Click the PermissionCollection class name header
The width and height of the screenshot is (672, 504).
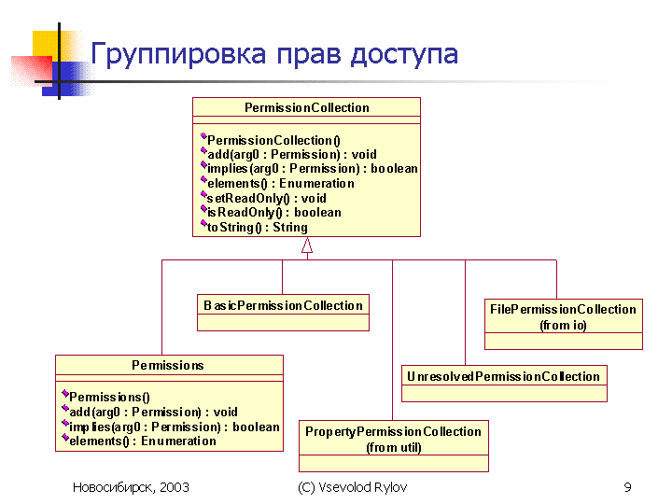pos(307,107)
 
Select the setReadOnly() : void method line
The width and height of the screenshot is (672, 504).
pos(266,198)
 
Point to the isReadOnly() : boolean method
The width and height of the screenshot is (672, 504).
pos(273,213)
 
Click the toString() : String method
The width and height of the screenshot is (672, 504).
pos(258,227)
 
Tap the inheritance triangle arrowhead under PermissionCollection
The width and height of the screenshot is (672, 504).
pos(307,245)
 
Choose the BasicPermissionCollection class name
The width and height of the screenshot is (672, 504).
pos(284,305)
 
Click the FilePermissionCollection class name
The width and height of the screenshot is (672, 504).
pos(563,309)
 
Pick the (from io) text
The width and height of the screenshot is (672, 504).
pos(563,326)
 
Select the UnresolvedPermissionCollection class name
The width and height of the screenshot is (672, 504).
pos(504,376)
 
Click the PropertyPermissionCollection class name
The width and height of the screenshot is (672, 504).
pos(394,431)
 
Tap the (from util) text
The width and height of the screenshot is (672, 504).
pos(394,447)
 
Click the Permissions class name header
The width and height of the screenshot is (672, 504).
pos(168,365)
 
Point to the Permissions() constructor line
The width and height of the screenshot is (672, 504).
pos(109,397)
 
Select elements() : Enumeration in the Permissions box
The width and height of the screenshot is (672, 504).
pos(143,441)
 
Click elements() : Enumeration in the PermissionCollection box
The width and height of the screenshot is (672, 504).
pos(281,184)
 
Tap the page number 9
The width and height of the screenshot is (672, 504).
pos(627,487)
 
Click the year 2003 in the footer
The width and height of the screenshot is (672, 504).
pos(175,487)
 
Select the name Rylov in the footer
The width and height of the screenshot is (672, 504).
pos(390,487)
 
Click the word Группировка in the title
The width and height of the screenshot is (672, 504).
pos(178,55)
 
